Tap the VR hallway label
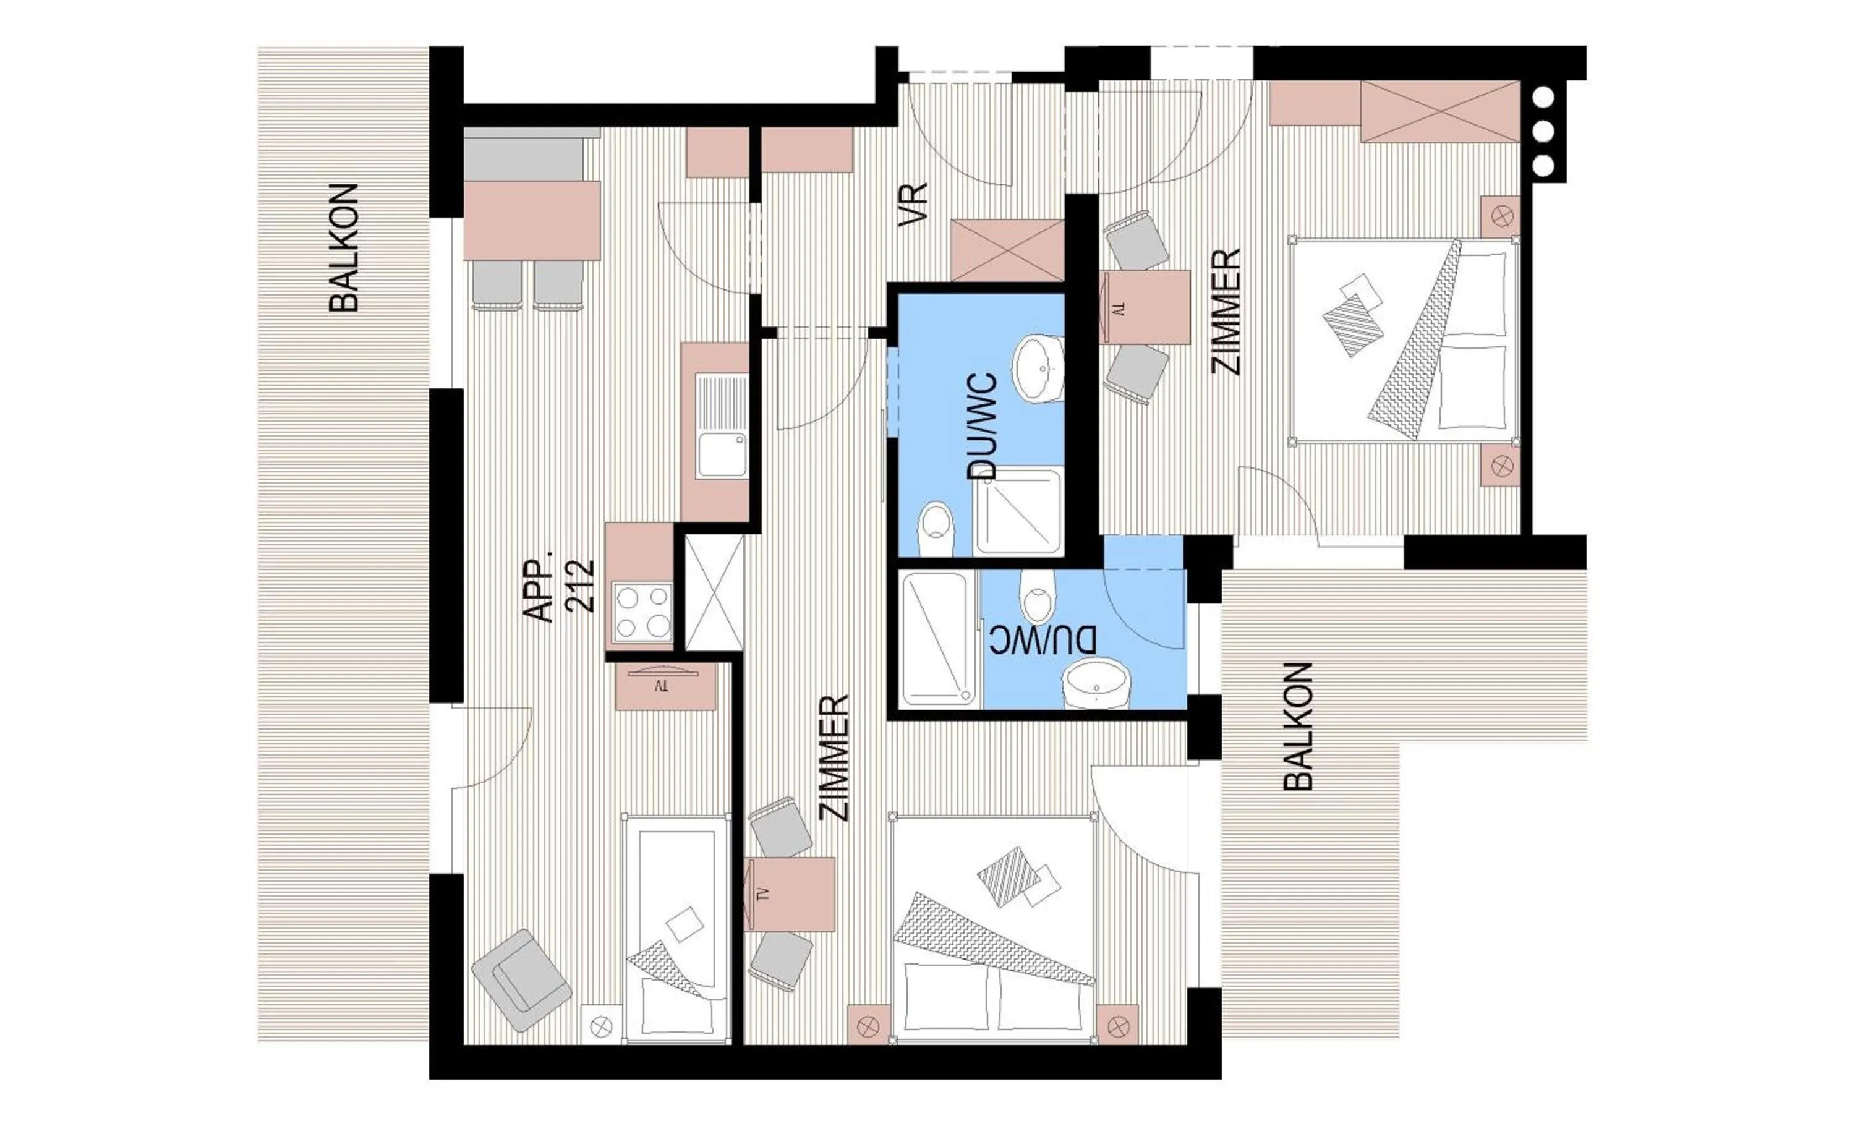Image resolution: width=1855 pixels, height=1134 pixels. pos(913,205)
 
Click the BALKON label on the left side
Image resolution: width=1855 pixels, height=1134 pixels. pos(345,248)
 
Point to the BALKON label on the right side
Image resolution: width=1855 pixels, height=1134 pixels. pos(1297,727)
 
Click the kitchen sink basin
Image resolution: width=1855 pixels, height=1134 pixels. pos(721,454)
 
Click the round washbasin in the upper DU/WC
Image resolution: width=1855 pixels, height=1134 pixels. pos(1038,369)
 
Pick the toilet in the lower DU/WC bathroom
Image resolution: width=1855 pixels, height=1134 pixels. pos(1038,595)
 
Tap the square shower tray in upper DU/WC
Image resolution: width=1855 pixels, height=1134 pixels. pos(1018,512)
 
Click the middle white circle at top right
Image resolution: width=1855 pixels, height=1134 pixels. pos(1543,132)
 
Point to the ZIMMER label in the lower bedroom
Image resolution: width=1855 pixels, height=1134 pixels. pos(835,757)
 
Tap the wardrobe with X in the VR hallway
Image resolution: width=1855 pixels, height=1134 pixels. pos(1007,250)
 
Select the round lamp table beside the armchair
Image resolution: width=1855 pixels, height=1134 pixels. pos(601,1026)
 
